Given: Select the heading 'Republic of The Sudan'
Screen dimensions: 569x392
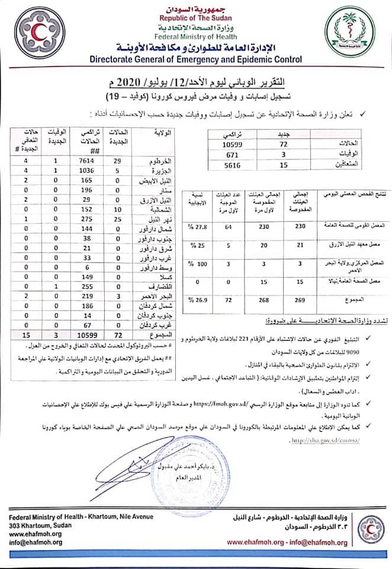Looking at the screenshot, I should click(195, 18).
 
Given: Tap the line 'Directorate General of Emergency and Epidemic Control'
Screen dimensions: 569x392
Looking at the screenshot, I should click(195, 59).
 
